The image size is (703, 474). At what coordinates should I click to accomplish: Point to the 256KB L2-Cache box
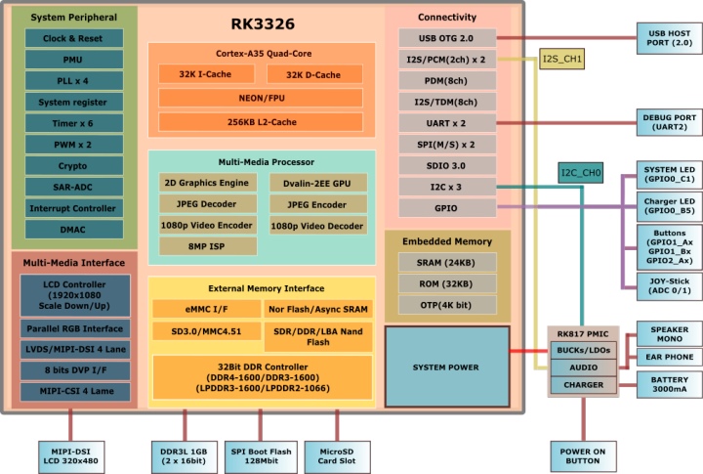[x=261, y=122]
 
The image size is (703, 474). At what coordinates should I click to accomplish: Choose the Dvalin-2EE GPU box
[x=318, y=183]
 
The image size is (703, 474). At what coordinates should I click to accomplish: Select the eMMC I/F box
[x=204, y=310]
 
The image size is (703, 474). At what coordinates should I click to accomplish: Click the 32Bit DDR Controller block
[x=262, y=376]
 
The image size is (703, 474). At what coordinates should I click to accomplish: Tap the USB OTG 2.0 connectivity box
[x=447, y=38]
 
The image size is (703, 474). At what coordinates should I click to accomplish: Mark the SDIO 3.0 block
[x=447, y=165]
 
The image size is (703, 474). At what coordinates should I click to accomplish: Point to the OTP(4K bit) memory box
[x=447, y=304]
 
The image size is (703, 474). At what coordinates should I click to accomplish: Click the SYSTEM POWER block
[x=445, y=366]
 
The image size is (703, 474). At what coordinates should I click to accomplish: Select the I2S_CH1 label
[x=561, y=60]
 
